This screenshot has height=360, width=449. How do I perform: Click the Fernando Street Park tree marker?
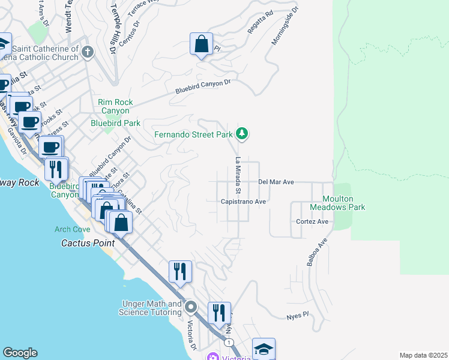[241, 134]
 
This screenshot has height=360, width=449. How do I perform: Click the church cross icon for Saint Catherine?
[88, 52]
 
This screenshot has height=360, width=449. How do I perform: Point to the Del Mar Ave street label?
[276, 181]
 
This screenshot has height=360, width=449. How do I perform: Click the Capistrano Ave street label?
[243, 202]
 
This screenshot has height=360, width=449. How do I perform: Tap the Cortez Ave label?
[312, 221]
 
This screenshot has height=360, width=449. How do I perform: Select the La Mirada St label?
[238, 176]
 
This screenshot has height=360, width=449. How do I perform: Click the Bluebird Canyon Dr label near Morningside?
[203, 87]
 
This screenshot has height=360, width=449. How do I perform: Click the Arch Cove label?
[72, 229]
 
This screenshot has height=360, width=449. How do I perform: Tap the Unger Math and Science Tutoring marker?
[191, 308]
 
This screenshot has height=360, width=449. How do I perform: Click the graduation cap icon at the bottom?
[264, 349]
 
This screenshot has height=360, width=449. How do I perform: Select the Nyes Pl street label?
[297, 315]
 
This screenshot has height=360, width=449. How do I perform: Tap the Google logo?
[20, 353]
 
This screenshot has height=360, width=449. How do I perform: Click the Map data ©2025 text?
[423, 355]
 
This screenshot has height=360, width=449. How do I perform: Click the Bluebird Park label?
[115, 123]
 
